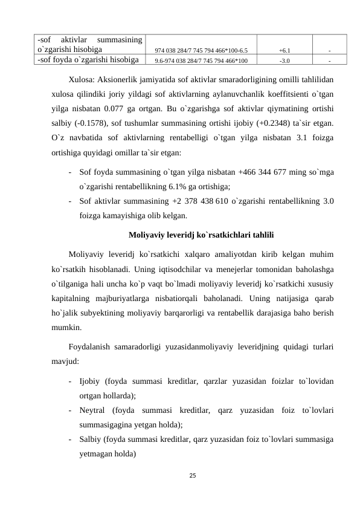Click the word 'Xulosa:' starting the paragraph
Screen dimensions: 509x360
pyautogui.click(x=81, y=79)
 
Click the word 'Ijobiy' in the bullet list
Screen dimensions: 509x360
pyautogui.click(x=90, y=381)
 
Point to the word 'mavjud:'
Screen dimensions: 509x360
pyautogui.click(x=65, y=363)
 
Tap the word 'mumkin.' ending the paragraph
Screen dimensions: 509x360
pyautogui.click(x=66, y=329)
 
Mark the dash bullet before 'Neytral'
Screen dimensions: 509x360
pyautogui.click(x=72, y=410)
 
